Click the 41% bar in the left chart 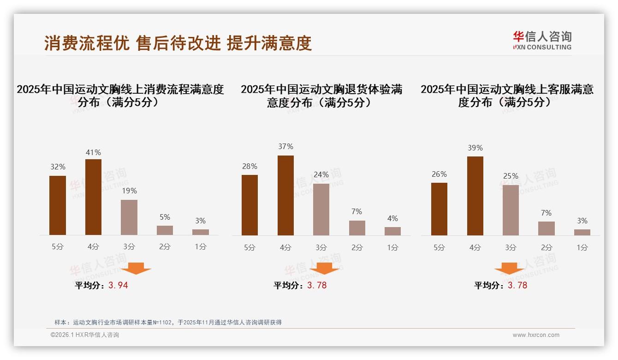93,197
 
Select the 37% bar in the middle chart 285,195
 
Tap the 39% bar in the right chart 475,196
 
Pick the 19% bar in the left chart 129,217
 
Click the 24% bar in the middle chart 321,210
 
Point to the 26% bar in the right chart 439,209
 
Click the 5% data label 165,217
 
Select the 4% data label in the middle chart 392,218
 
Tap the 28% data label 250,166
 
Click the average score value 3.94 118,285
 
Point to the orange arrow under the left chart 136,268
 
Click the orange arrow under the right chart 509,268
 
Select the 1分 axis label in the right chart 582,247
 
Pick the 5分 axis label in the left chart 58,246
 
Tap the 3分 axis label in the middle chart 321,247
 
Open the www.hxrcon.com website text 536,335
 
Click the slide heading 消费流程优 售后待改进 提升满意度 178,43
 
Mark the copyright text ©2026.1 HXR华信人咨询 85,335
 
